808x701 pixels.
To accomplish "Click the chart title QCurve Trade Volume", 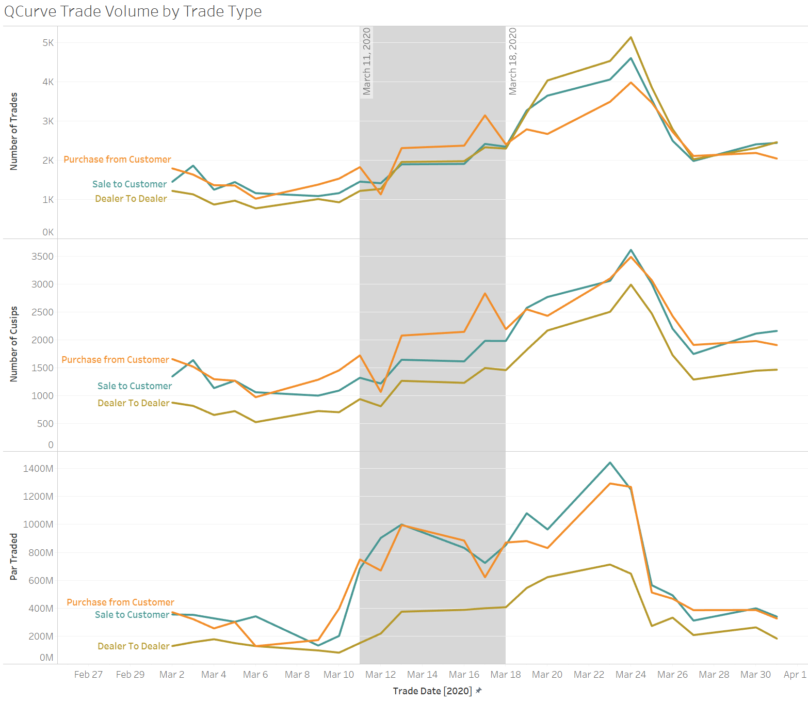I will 133,11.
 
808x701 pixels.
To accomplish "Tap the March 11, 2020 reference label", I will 366,61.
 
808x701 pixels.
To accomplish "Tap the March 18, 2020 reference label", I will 512,61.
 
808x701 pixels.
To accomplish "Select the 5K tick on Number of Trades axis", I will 48,43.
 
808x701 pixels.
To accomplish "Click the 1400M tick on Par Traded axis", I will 38,469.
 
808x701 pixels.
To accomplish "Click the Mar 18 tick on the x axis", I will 505,674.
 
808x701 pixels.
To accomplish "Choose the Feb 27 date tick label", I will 88,674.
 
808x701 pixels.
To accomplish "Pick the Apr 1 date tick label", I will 795,674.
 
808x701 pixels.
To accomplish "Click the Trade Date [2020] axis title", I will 432,691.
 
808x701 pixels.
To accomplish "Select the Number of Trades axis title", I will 14,131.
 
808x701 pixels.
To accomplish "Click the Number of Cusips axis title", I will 14,344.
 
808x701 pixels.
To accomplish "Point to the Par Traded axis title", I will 14,556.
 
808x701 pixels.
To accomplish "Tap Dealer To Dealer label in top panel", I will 131,199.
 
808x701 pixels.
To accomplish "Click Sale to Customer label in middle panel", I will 135,386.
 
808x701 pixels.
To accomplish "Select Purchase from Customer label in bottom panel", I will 120,602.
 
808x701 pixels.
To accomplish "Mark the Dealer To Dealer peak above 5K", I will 631,37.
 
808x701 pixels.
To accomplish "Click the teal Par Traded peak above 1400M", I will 610,463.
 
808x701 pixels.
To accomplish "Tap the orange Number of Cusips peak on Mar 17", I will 485,294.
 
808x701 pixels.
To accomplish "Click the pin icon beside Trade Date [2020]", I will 479,690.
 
